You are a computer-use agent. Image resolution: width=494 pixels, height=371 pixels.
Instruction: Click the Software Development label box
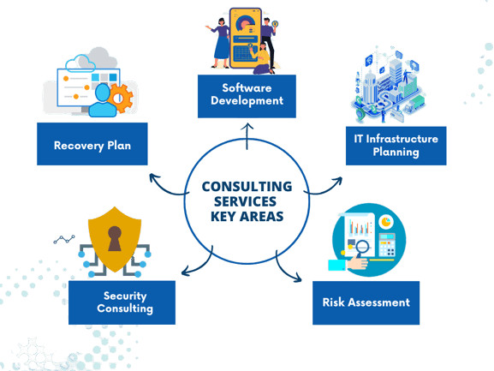247,96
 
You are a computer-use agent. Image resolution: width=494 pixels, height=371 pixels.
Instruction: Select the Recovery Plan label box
92,144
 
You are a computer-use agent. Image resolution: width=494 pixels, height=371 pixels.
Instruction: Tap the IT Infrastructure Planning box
396,146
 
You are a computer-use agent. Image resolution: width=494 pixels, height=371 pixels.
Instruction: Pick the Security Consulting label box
122,302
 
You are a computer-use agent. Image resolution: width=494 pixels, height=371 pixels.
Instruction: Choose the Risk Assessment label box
366,302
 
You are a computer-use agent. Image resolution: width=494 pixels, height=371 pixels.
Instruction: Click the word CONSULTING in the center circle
247,187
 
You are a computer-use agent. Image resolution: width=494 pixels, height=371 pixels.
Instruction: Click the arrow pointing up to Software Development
247,136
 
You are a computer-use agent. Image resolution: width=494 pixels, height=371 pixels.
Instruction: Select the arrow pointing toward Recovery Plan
167,188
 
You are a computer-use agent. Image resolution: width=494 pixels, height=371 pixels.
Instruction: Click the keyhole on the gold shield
115,238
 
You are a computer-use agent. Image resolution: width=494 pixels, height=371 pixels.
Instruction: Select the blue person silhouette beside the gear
103,100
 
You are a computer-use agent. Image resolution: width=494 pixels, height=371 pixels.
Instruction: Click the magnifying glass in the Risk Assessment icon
362,248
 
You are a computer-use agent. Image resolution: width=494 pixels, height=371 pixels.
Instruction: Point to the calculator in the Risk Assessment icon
387,245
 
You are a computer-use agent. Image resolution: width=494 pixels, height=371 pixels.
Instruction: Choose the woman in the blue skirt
222,43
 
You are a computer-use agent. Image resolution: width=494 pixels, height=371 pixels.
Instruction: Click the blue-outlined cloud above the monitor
80,63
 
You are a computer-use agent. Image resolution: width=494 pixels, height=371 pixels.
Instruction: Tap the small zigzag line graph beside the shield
64,240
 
